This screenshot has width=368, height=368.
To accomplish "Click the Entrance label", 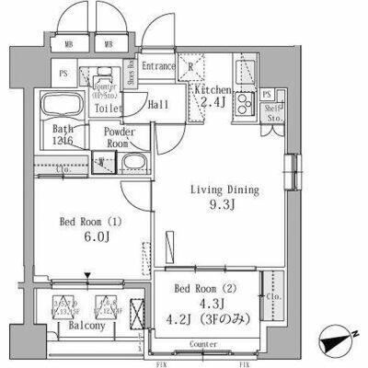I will pos(158,65).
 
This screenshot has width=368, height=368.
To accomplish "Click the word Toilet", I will pos(109,108).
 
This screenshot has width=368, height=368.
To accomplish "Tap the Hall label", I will pos(157,105).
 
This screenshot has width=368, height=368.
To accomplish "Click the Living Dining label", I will pos(224,190).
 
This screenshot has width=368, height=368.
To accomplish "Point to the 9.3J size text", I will pos(224,208).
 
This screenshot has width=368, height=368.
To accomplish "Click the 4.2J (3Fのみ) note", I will pos(208,320).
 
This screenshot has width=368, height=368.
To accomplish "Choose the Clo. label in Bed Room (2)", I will pos(273,297).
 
